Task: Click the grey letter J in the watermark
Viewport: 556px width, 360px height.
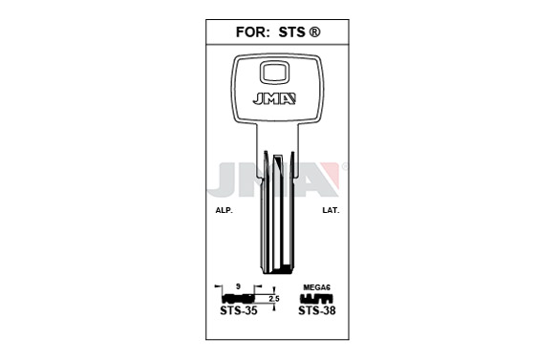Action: [225, 180]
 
